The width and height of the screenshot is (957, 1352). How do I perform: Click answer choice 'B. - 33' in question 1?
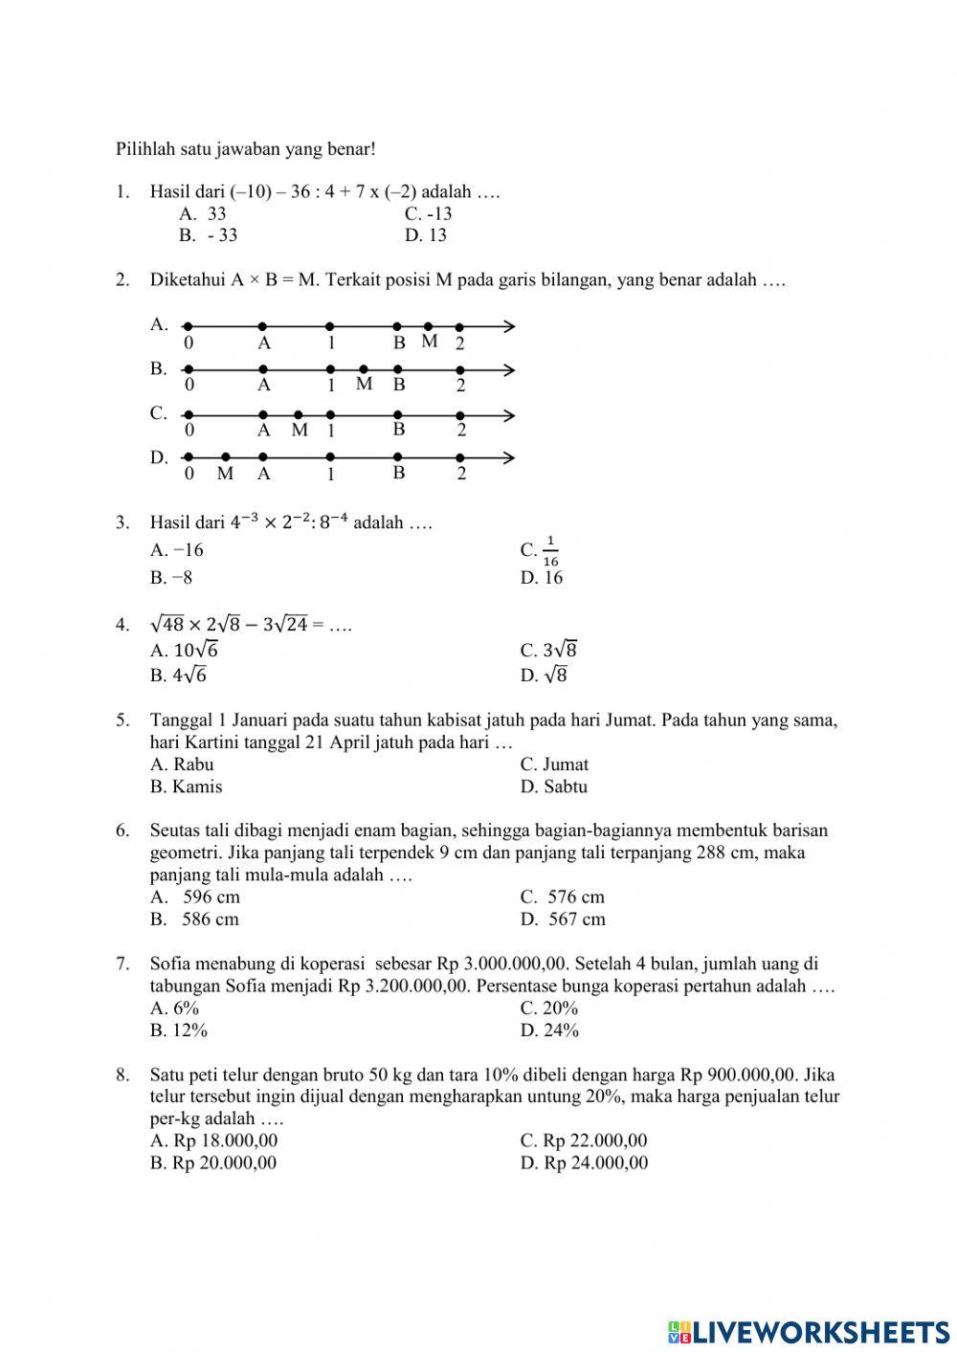(208, 235)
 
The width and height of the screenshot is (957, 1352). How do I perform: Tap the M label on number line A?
(430, 342)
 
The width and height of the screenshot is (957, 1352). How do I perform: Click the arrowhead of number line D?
(509, 458)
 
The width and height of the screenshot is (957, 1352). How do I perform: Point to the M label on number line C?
(300, 431)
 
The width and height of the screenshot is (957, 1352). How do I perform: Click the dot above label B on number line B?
(397, 369)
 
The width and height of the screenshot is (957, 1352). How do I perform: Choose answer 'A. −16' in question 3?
(177, 550)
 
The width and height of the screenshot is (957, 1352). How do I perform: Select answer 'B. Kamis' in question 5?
(186, 787)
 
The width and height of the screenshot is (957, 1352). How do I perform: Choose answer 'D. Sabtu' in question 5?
(554, 787)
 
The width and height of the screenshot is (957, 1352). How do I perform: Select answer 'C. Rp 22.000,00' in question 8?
(584, 1141)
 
